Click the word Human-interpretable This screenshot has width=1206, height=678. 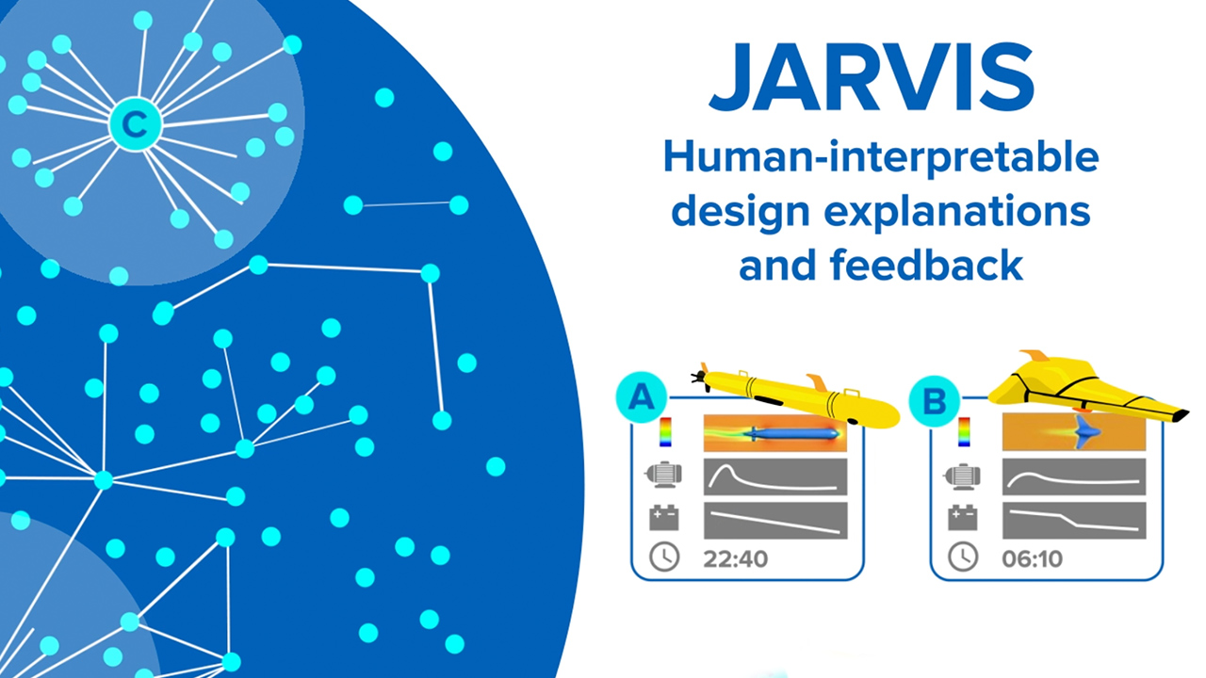point(881,158)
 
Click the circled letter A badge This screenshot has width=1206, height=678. point(642,398)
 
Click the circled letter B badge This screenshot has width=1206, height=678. point(934,402)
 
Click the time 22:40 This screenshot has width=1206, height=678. point(735,558)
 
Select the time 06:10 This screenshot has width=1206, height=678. point(1032,558)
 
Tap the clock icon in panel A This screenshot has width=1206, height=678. point(664,557)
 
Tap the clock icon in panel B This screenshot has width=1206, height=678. point(962,557)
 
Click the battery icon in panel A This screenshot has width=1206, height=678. point(664,517)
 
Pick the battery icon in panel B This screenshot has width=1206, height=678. point(962,517)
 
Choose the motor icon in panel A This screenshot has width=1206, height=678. point(664,476)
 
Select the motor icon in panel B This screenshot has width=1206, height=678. point(962,476)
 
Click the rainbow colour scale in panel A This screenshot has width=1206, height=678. point(666,432)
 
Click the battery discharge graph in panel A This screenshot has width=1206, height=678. point(775,521)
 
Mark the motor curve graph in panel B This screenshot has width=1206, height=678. point(1074,476)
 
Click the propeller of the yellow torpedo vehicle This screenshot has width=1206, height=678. point(699,377)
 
